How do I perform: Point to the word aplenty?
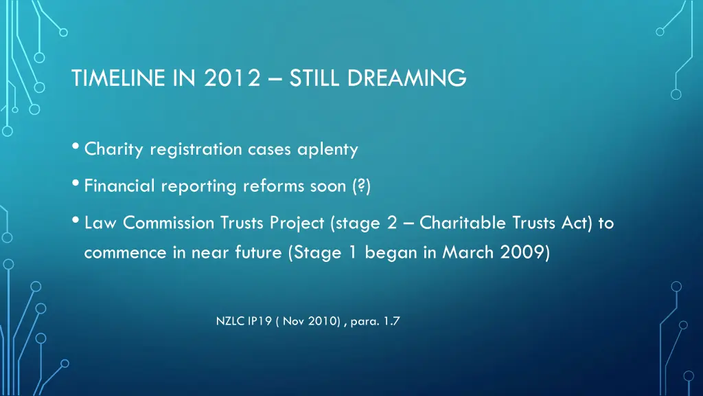click(330, 149)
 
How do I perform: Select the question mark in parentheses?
click(362, 186)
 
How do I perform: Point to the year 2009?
click(525, 252)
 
